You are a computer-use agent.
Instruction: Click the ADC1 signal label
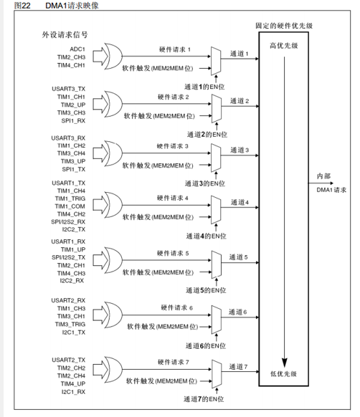click(77, 49)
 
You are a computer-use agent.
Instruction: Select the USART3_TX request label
click(68, 89)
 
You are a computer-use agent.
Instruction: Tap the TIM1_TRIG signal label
click(70, 198)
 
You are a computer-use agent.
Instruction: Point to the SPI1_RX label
click(73, 121)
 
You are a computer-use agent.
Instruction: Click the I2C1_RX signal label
click(73, 392)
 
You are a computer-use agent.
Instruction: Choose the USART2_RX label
click(68, 300)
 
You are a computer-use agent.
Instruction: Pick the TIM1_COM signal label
click(70, 206)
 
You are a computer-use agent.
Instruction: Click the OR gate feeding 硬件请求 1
click(113, 57)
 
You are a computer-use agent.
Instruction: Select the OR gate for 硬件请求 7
click(113, 370)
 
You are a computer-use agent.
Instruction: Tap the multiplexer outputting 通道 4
click(216, 210)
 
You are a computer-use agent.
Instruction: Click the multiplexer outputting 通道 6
click(217, 320)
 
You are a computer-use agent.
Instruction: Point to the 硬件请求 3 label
click(173, 146)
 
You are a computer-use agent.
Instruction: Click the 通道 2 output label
click(240, 101)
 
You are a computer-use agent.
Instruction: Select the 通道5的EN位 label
click(206, 290)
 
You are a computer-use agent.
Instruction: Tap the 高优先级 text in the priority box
click(284, 46)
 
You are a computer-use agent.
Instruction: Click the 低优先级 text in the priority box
click(283, 374)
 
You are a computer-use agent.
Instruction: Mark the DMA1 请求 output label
click(331, 190)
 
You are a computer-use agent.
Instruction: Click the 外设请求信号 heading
click(65, 34)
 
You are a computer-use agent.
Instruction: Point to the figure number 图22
click(22, 6)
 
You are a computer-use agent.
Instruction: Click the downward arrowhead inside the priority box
click(285, 363)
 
